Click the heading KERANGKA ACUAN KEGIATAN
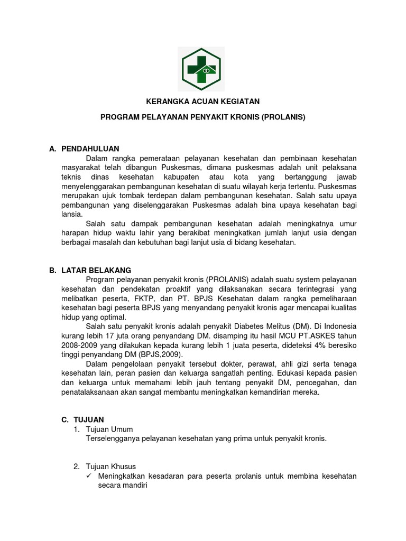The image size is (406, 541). click(203, 101)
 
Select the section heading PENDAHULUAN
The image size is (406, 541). click(90, 149)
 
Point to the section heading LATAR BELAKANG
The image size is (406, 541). click(96, 270)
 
